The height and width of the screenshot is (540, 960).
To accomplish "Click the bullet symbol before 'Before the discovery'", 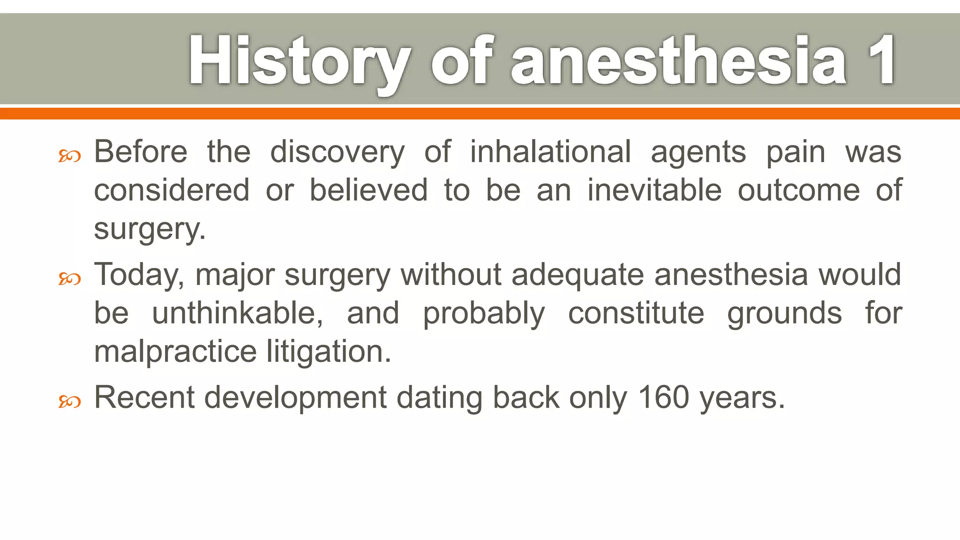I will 69,156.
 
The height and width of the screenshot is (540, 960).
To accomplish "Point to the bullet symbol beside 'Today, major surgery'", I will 69,279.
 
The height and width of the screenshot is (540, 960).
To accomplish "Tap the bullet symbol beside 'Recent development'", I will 69,401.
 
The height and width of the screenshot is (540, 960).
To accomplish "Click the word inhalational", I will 550,152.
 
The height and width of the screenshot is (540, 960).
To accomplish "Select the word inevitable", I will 654,190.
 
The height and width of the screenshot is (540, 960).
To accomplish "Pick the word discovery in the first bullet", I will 337,153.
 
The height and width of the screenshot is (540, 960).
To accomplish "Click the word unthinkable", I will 237,313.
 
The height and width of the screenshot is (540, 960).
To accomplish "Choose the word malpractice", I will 175,352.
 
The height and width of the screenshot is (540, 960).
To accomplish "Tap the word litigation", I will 329,352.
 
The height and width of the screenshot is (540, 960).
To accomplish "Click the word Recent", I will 144,397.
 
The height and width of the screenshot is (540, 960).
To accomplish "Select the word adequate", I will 577,275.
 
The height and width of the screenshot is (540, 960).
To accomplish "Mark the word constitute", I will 636,313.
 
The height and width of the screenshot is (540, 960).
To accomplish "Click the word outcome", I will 798,190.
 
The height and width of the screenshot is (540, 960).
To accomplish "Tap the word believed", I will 368,190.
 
